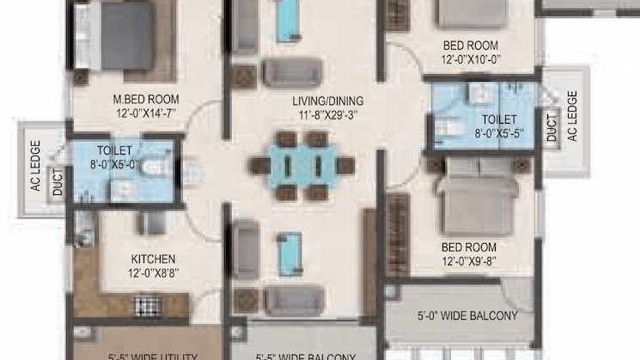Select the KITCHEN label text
click(x=153, y=259)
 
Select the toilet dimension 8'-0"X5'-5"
click(x=498, y=134)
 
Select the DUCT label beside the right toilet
click(x=552, y=128)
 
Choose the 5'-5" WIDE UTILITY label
click(x=155, y=356)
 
